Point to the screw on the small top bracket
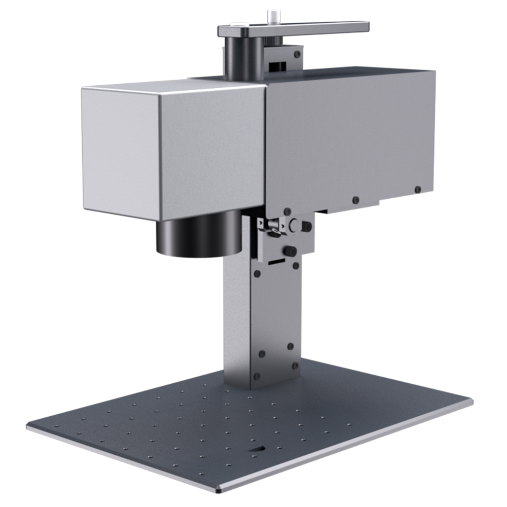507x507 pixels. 297,53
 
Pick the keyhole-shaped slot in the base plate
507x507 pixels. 257,448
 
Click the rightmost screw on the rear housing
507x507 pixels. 417,190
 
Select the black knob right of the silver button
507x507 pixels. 307,227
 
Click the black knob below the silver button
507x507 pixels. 291,251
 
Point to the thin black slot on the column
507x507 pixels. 276,263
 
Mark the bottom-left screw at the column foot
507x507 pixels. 257,376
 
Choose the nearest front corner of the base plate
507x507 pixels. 219,490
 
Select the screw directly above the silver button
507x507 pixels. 287,211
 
